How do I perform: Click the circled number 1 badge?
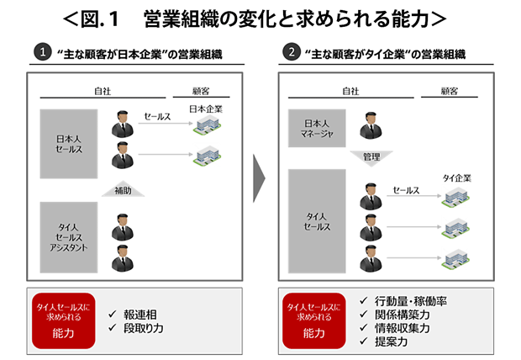coord(43,52)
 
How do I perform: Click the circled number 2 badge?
coord(291,52)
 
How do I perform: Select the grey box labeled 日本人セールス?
coord(69,144)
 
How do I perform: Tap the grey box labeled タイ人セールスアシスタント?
coord(69,237)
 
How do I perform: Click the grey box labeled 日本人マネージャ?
coord(317,128)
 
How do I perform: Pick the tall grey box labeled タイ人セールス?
coord(317,221)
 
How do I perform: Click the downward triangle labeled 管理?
coord(371,157)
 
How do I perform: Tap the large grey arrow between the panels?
coord(259,178)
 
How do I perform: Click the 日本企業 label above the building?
coord(206,109)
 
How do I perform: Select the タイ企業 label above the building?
coord(457,178)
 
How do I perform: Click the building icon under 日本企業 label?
coord(208,125)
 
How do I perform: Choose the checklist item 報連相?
coord(139,315)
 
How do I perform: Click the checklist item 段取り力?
coord(143,328)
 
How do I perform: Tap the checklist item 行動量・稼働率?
coord(410,301)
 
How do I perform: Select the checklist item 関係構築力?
coord(402,315)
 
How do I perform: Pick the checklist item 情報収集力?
coord(402,328)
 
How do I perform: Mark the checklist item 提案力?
coord(391,341)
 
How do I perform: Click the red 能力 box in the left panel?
coord(64,320)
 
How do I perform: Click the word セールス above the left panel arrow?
coord(157,116)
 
